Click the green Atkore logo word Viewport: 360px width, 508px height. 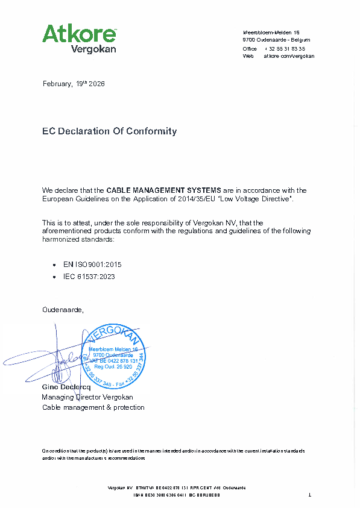click(78, 34)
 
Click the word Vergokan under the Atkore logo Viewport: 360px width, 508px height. click(93, 49)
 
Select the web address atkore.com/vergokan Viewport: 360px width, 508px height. click(289, 56)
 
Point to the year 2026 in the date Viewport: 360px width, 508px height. click(96, 84)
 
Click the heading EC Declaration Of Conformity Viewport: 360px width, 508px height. click(109, 131)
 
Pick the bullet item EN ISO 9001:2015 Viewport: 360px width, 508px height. click(88, 265)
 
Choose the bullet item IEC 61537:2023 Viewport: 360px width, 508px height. click(89, 277)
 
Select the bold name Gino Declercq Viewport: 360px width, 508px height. click(66, 387)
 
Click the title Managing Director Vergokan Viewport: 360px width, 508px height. click(87, 397)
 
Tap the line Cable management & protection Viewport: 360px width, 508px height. click(93, 407)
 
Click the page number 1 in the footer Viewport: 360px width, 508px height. click(309, 495)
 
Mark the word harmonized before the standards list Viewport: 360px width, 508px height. click(60, 239)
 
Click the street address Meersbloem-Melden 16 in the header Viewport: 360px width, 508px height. click(271, 32)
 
